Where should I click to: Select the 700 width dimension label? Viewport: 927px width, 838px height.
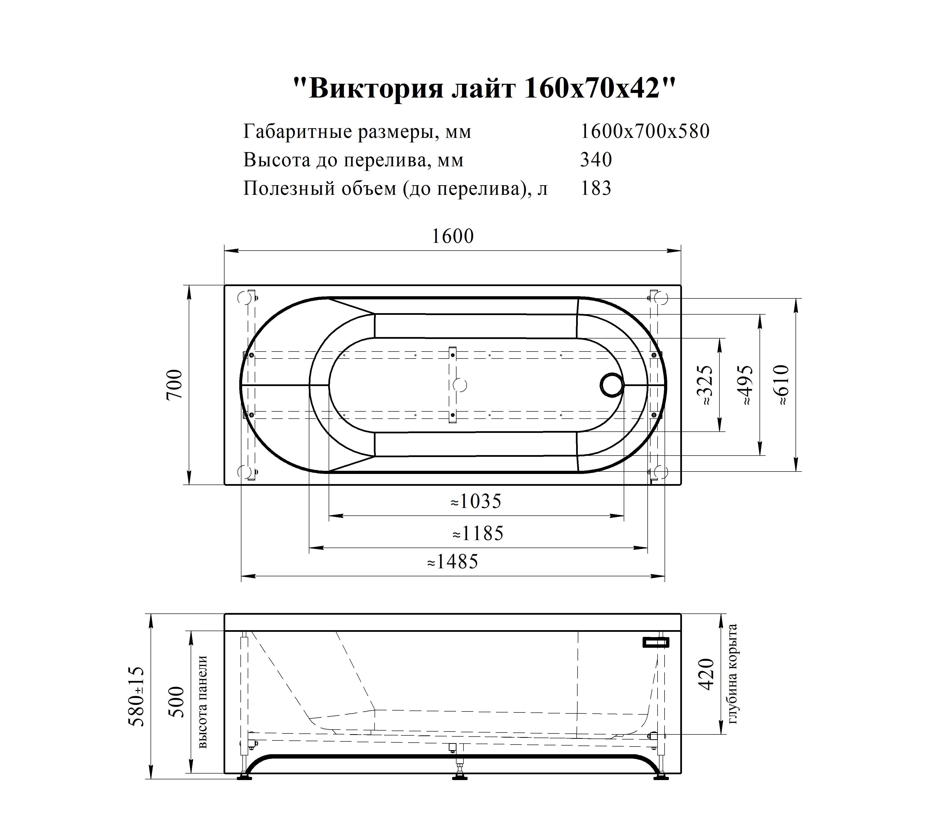175,384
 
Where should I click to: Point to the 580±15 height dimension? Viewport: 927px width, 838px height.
137,697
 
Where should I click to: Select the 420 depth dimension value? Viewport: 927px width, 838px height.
707,674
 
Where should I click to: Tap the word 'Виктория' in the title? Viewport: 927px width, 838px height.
376,88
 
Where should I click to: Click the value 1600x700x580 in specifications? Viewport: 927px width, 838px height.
645,131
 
